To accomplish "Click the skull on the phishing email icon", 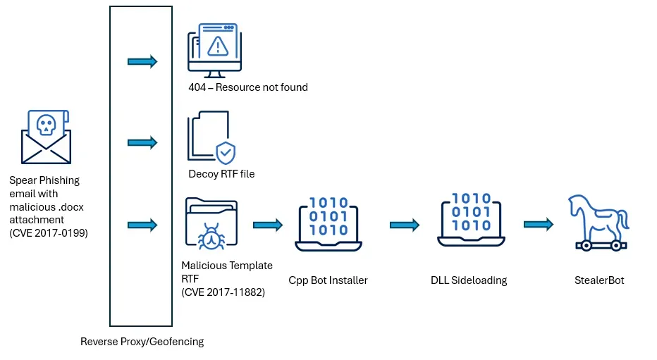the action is (x=46, y=125).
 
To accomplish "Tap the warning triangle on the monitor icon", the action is (x=217, y=46).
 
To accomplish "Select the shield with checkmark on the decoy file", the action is (x=226, y=153).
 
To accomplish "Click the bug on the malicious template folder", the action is (x=211, y=237).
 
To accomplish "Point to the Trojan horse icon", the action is (x=598, y=223).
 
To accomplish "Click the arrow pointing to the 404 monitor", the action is (x=142, y=61).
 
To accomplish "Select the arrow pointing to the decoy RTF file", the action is (x=142, y=143).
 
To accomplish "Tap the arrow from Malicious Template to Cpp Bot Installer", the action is (x=268, y=225).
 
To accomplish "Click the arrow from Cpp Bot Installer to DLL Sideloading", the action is (x=405, y=225).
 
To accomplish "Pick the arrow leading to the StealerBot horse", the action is (x=539, y=225).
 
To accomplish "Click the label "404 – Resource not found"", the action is (x=248, y=87).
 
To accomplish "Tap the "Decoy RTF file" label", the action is (x=221, y=174).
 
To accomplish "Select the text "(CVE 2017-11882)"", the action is (x=223, y=292).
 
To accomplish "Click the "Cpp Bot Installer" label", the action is (x=328, y=280).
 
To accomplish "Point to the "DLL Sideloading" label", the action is (x=469, y=280).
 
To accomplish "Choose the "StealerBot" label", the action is (x=599, y=280).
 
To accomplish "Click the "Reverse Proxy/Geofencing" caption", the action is (x=142, y=342).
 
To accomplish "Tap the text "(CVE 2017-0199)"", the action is (x=49, y=233).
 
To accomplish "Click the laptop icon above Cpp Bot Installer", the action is (x=328, y=224).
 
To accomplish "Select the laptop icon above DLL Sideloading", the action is (x=471, y=220).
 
